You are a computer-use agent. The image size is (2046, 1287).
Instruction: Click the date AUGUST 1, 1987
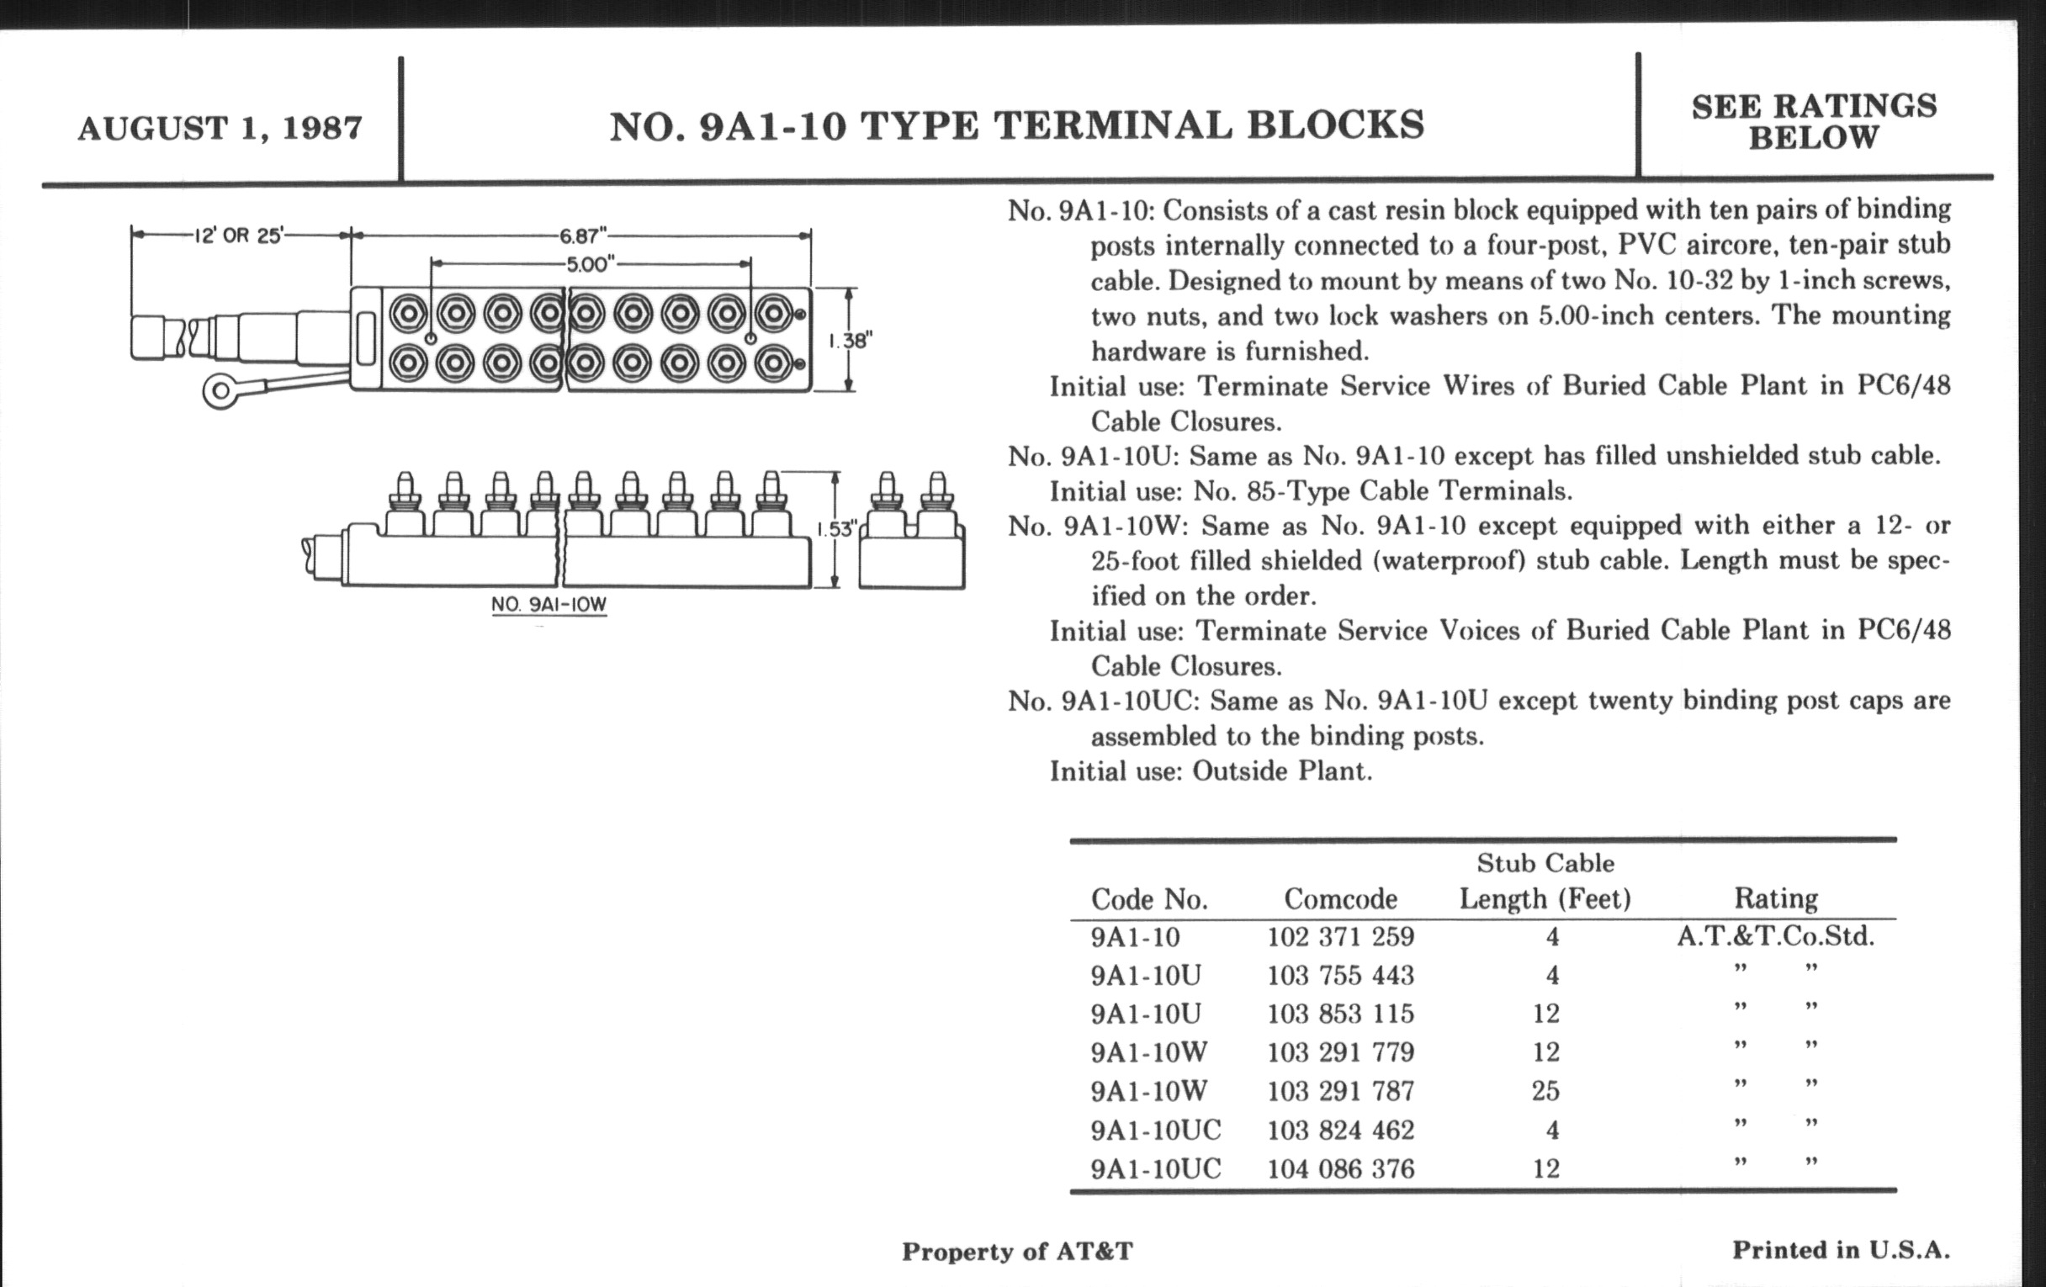point(220,128)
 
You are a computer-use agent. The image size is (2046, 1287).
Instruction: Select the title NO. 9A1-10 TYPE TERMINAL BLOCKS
point(1016,125)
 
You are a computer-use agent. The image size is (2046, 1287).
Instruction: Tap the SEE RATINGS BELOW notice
point(1813,121)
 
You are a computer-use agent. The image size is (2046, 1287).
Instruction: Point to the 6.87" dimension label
point(582,235)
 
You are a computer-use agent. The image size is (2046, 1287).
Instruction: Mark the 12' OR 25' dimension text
point(238,236)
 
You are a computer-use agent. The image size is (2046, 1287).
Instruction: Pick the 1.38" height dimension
point(850,341)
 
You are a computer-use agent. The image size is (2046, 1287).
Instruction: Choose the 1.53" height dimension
point(835,529)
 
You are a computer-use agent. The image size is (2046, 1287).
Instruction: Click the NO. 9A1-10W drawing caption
point(549,604)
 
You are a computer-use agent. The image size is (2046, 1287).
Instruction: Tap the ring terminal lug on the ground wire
point(220,391)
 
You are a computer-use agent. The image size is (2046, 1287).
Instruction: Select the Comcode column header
point(1340,898)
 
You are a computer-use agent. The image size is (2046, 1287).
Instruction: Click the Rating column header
point(1776,898)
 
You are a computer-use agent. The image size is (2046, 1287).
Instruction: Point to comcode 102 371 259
point(1340,937)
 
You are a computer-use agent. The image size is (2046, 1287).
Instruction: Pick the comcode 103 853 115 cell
point(1340,1014)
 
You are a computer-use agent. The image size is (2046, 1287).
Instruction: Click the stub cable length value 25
point(1545,1091)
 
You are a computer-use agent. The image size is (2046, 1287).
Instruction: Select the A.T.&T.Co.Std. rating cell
point(1775,936)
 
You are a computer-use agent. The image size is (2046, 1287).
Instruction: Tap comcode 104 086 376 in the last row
point(1340,1169)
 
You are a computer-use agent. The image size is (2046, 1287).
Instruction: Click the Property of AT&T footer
point(1017,1252)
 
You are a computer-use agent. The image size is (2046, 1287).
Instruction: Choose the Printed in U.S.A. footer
point(1841,1250)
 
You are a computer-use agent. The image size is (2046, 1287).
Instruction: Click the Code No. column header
point(1148,898)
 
